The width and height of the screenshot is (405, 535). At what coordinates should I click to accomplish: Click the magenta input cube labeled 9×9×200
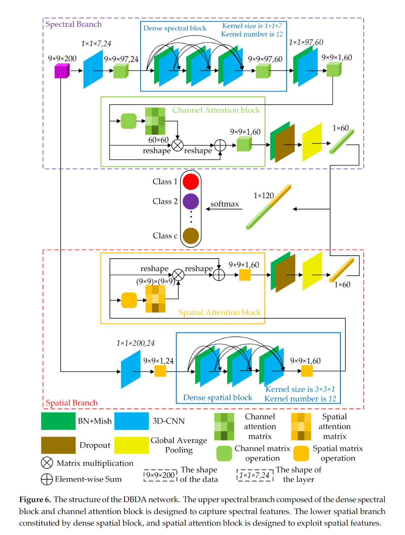click(62, 71)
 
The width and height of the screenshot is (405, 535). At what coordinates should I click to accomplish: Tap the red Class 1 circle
click(191, 182)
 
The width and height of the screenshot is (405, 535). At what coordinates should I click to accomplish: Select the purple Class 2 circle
click(191, 201)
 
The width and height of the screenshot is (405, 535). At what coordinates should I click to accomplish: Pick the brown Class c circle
click(191, 236)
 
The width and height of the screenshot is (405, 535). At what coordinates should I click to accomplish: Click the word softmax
click(225, 204)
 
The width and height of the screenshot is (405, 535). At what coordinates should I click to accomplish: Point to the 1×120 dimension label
click(263, 196)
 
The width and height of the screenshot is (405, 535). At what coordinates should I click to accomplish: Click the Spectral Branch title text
click(73, 24)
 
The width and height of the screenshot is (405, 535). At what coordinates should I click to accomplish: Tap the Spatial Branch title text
click(72, 403)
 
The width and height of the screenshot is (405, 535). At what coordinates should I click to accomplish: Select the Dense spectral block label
click(175, 28)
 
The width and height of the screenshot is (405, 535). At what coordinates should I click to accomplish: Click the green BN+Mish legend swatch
click(58, 421)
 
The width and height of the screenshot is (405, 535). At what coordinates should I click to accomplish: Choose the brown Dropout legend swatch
click(58, 445)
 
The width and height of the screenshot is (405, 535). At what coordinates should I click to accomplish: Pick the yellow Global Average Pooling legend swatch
click(131, 445)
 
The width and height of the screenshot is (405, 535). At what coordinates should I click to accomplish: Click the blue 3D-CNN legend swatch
click(131, 421)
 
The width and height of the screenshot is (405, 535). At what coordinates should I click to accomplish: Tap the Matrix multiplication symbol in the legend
click(47, 463)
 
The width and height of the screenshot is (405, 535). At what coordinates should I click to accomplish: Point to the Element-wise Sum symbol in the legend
click(47, 479)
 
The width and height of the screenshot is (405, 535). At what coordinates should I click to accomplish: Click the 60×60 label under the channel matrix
click(159, 140)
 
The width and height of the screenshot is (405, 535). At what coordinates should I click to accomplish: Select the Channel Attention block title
click(216, 110)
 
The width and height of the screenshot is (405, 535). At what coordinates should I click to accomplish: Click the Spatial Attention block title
click(220, 313)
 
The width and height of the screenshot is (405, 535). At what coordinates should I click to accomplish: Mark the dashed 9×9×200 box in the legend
click(160, 475)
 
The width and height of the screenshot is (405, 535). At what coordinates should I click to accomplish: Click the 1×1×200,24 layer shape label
click(135, 343)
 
